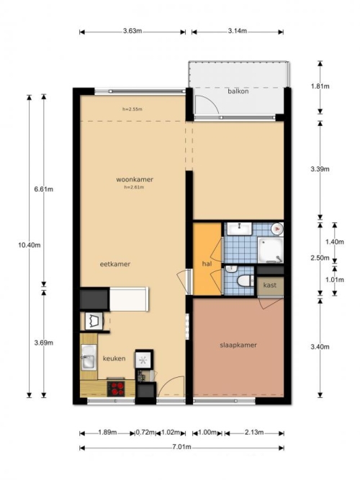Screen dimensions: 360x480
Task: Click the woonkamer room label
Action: (135, 179)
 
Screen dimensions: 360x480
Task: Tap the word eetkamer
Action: (115, 264)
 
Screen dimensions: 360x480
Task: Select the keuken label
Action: (114, 358)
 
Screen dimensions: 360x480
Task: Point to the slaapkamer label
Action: (238, 345)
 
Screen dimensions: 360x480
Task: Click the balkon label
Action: (238, 91)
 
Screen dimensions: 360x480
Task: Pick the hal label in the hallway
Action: (207, 263)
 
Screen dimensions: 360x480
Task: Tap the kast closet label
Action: (269, 285)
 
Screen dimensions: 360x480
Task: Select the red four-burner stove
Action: (116, 389)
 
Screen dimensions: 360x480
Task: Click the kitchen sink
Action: (89, 357)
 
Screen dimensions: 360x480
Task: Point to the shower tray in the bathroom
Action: (270, 250)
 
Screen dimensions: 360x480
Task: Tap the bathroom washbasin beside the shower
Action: (239, 229)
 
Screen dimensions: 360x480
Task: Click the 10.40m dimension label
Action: (29, 245)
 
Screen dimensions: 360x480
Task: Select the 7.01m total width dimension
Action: (181, 447)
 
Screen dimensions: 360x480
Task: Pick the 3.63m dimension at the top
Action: (132, 31)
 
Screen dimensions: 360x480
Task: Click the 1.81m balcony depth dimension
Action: (320, 86)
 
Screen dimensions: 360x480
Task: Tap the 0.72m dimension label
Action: (145, 433)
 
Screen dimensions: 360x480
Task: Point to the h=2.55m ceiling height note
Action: (132, 109)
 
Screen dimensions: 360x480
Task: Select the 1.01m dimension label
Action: (335, 280)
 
